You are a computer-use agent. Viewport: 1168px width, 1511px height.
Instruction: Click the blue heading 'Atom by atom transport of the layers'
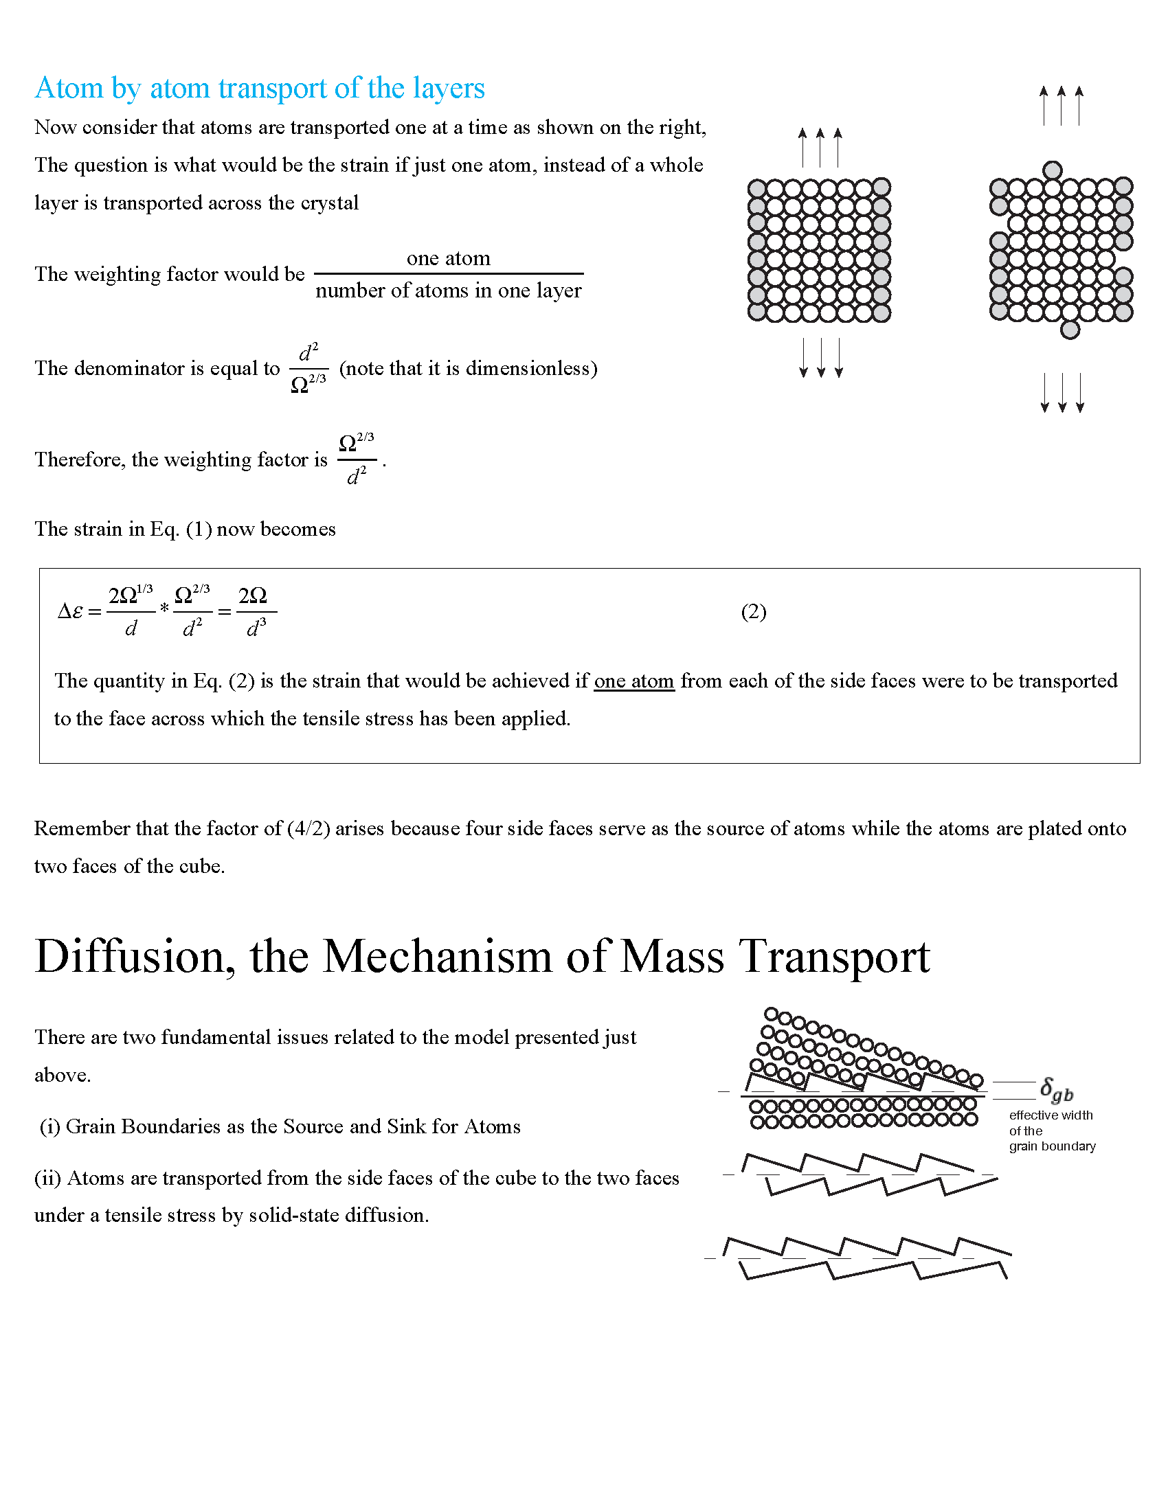pos(260,89)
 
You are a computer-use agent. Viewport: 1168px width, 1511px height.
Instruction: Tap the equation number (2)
pos(754,611)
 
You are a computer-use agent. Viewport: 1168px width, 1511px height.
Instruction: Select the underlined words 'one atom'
pos(634,681)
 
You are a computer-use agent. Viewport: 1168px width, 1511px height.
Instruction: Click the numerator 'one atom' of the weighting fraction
pos(449,259)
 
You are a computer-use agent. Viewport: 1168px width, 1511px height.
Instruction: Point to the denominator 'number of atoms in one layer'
pos(449,291)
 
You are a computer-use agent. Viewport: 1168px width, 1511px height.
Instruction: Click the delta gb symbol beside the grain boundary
pos(1056,1090)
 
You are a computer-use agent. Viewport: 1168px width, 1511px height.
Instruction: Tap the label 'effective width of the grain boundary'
pos(1052,1131)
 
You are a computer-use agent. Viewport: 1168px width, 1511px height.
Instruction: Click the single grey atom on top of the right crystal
pos(1053,170)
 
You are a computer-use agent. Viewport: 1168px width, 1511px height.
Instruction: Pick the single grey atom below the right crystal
pos(1070,330)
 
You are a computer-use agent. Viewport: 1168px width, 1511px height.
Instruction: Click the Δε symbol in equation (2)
pos(71,611)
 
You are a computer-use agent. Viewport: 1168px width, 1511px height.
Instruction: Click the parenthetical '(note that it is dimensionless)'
pos(469,368)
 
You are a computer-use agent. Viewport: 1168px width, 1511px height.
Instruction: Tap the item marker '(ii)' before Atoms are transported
pos(47,1178)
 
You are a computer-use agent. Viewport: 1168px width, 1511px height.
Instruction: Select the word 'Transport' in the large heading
pos(835,957)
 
